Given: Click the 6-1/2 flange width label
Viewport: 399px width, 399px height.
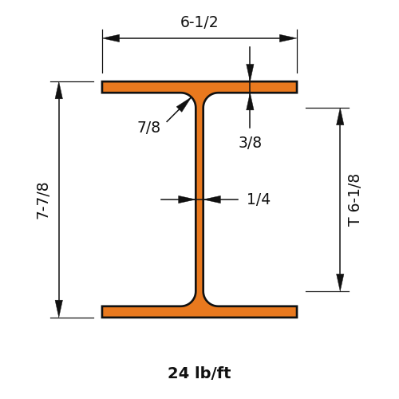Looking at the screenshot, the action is coord(199,22).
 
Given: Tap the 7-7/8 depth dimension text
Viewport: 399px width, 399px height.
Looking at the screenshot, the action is coord(42,201).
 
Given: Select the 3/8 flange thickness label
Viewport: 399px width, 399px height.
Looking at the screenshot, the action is coord(250,142).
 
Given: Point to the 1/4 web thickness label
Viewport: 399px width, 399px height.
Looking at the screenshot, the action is coord(259,199).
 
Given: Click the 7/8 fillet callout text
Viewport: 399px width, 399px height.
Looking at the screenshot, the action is coord(149,127).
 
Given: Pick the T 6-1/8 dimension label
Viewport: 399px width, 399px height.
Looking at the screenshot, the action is coord(354,201).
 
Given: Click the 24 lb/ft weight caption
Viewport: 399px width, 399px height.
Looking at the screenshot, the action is coord(199,373).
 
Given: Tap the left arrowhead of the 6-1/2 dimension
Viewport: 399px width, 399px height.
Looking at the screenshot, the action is coord(111,38).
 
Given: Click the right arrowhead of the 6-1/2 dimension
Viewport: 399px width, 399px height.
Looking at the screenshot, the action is coord(288,38).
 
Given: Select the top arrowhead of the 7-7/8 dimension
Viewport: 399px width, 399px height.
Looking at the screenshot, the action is coord(59,90).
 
